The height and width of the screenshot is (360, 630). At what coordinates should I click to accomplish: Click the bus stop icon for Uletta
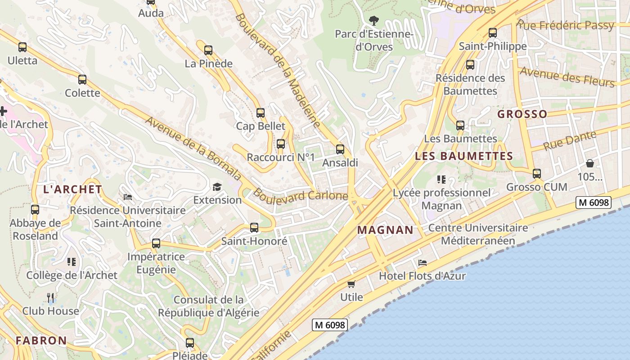pyautogui.click(x=22, y=47)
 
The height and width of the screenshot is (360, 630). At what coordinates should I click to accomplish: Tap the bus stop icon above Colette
pyautogui.click(x=82, y=80)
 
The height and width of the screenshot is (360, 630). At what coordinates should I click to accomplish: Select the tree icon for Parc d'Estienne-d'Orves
pyautogui.click(x=373, y=20)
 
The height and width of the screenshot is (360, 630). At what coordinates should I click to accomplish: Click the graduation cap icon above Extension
pyautogui.click(x=217, y=187)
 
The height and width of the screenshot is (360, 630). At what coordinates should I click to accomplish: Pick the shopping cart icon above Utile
pyautogui.click(x=351, y=284)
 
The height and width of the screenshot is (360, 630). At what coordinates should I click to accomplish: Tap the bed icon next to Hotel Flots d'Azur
pyautogui.click(x=422, y=263)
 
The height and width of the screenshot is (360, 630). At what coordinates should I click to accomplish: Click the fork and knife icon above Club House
pyautogui.click(x=50, y=297)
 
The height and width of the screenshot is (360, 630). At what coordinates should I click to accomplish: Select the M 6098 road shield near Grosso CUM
pyautogui.click(x=594, y=202)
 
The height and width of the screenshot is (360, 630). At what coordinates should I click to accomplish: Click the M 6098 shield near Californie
pyautogui.click(x=330, y=325)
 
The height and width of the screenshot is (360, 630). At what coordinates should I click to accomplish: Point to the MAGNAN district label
pyautogui.click(x=385, y=230)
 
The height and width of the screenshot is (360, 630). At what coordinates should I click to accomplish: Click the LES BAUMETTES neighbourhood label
pyautogui.click(x=463, y=157)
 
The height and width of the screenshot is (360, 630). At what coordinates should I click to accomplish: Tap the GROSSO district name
pyautogui.click(x=522, y=114)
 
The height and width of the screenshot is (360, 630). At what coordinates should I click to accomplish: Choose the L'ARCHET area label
pyautogui.click(x=72, y=189)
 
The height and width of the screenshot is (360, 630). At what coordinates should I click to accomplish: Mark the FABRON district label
pyautogui.click(x=41, y=341)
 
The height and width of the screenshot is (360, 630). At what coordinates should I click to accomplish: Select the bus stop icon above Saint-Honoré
pyautogui.click(x=254, y=228)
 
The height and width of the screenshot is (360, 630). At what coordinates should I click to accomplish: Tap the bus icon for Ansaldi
pyautogui.click(x=340, y=149)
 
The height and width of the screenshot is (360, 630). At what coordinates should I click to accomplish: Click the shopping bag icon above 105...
pyautogui.click(x=589, y=163)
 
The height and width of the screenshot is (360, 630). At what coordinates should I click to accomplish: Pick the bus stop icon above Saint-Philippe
pyautogui.click(x=493, y=33)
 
